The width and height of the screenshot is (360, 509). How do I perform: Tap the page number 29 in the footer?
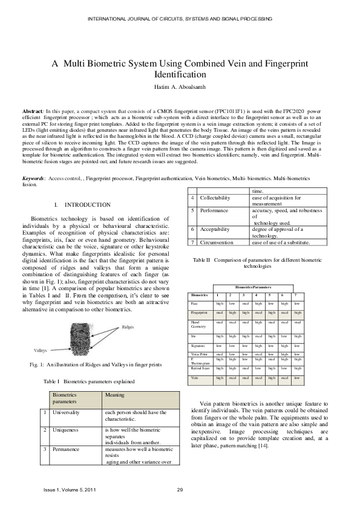[x=180, y=489]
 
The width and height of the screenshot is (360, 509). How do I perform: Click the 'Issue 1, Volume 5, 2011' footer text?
[x=69, y=489]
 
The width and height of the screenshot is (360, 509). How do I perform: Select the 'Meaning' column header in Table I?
[x=115, y=395]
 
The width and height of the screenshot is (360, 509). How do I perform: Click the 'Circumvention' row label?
[x=217, y=242]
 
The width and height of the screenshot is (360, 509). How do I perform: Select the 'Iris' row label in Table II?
[x=194, y=335]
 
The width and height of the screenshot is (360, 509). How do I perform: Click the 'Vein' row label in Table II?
[x=194, y=378]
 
